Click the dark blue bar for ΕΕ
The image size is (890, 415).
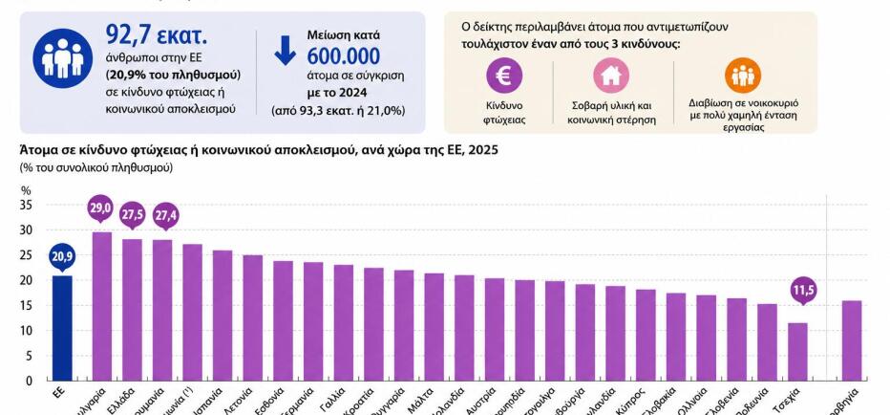tap(61, 328)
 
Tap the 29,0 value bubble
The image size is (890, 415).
tap(100, 207)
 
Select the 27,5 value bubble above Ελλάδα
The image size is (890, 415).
tap(133, 215)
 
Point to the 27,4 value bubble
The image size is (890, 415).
tap(165, 216)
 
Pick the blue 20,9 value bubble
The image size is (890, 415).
tap(61, 256)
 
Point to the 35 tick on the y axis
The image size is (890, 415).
tap(26, 205)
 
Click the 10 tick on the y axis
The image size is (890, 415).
tap(26, 331)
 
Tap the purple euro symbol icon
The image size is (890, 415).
tap(504, 76)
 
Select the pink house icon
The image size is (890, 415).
tap(611, 76)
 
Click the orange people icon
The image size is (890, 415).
tap(742, 75)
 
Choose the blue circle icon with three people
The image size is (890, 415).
tap(63, 57)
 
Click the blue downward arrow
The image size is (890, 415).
tap(286, 51)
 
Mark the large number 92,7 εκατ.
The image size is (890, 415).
tap(156, 36)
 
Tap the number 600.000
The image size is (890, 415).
tap(343, 56)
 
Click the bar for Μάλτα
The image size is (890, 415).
tap(434, 326)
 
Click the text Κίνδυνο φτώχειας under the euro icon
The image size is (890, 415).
tap(504, 111)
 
